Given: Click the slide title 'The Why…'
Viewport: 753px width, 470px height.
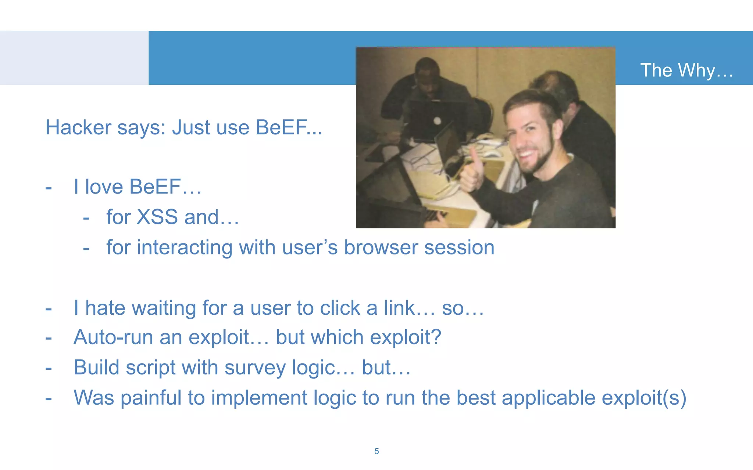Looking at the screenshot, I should [686, 70].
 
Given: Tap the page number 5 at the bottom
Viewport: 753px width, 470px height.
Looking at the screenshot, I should [376, 451].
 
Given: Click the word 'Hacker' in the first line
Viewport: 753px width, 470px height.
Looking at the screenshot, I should [78, 127].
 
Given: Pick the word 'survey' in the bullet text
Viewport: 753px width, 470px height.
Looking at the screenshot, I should [255, 368].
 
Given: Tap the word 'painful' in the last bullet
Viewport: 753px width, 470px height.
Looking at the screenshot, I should [151, 398].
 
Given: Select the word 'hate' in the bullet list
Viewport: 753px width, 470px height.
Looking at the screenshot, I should [105, 308].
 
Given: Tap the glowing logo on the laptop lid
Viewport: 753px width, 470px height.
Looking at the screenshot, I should [437, 121].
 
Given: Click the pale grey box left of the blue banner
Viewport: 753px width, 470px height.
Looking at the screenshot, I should [74, 58].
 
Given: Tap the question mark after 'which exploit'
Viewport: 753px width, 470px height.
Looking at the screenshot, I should [436, 337].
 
